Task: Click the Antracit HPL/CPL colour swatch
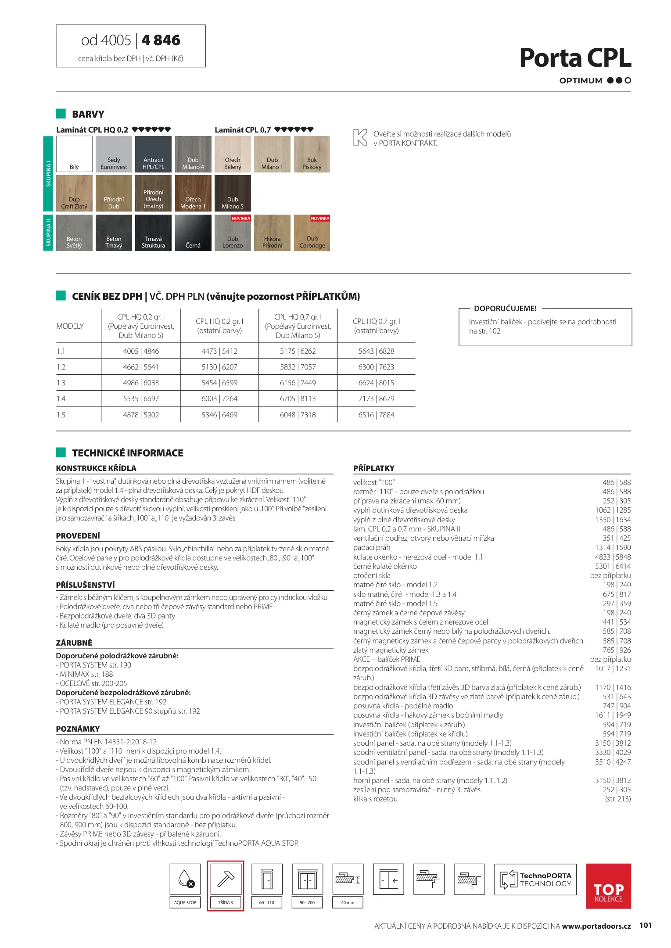(153, 154)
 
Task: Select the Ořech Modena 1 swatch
(193, 194)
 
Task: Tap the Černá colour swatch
(193, 233)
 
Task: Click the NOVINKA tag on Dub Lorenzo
(241, 218)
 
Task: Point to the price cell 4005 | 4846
(141, 351)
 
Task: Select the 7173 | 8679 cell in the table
(376, 399)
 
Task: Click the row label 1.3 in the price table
(61, 383)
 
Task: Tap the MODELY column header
(70, 326)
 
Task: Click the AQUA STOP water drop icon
(185, 879)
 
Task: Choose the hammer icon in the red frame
(226, 879)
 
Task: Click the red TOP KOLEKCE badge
(608, 886)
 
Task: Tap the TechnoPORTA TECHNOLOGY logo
(535, 880)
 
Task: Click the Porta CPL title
(575, 58)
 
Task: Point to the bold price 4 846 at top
(161, 40)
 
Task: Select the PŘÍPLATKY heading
(374, 468)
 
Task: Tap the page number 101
(646, 925)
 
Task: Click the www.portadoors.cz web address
(596, 926)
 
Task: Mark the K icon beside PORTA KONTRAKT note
(360, 137)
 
